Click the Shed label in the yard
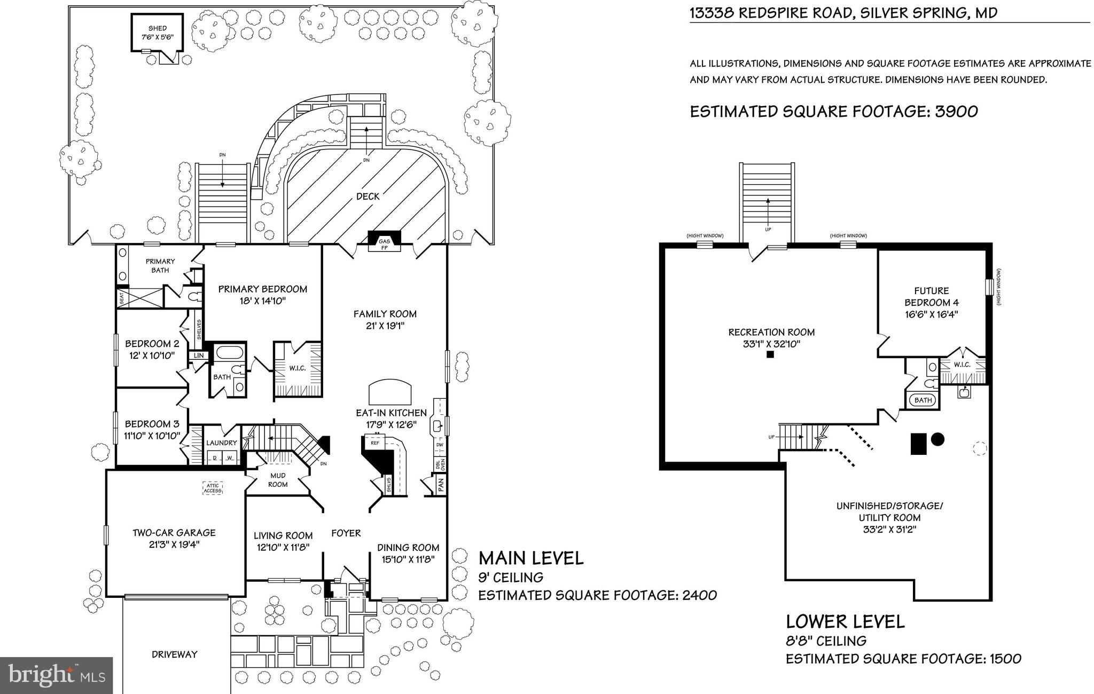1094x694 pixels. pos(158,28)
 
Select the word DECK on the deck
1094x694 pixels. pos(368,196)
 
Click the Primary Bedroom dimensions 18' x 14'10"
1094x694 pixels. pos(262,301)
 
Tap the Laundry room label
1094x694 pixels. pos(221,443)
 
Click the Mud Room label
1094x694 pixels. pos(277,480)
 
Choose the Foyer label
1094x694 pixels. pos(346,533)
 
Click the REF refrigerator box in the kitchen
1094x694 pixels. pos(375,443)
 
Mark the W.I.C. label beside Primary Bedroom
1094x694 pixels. pos(298,383)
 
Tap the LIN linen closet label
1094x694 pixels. pos(199,356)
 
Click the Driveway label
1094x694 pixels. pos(174,654)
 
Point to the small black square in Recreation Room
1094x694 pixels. pos(770,354)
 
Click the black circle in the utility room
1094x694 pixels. pos(937,439)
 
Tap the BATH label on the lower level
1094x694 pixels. pos(923,400)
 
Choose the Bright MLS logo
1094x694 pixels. pos(56,675)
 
